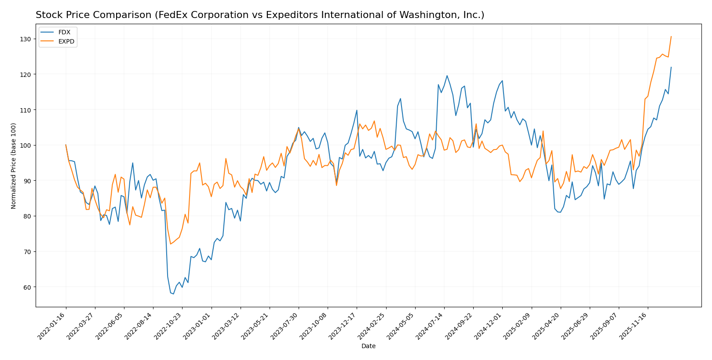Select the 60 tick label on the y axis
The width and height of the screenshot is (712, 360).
27,287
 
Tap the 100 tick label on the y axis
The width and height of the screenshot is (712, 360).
26,145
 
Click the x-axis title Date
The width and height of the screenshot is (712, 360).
368,346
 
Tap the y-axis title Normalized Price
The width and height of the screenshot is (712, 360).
14,166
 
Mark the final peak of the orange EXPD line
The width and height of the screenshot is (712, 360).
671,36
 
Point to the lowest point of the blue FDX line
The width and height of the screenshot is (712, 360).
173,294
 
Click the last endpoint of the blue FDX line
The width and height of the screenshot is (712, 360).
671,67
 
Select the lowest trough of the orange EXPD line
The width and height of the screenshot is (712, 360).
170,244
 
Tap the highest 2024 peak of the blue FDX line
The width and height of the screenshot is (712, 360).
447,76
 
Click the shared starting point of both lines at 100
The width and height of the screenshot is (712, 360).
66,145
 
